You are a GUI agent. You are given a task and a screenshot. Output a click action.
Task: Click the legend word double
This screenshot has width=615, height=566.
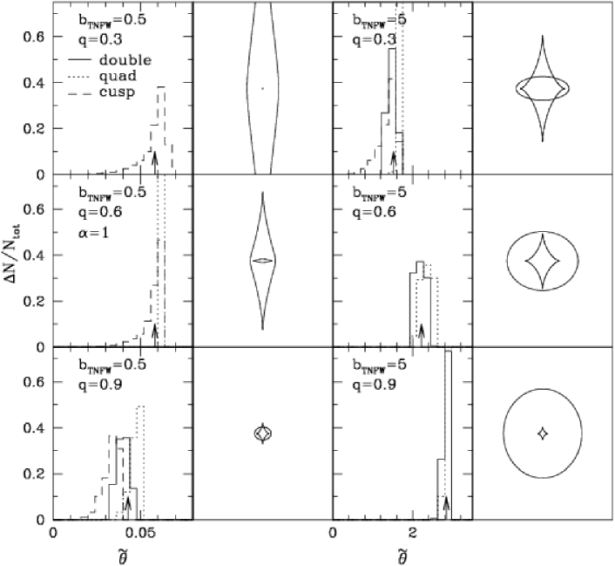(125, 60)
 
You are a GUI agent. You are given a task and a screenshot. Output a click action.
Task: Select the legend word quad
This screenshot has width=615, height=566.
(118, 76)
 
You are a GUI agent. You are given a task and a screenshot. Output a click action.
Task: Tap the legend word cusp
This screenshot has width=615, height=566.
(117, 92)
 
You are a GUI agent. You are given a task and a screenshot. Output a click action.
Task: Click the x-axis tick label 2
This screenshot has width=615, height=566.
(412, 535)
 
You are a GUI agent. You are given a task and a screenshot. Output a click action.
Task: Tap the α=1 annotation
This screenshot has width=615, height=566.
(92, 233)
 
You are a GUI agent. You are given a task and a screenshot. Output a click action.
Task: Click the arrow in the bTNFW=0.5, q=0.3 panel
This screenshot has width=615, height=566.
(154, 162)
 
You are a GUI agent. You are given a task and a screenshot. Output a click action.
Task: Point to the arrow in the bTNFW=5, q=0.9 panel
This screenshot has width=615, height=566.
(446, 508)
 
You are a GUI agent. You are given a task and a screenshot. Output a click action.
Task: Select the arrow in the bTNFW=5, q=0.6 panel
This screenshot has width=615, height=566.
(422, 336)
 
